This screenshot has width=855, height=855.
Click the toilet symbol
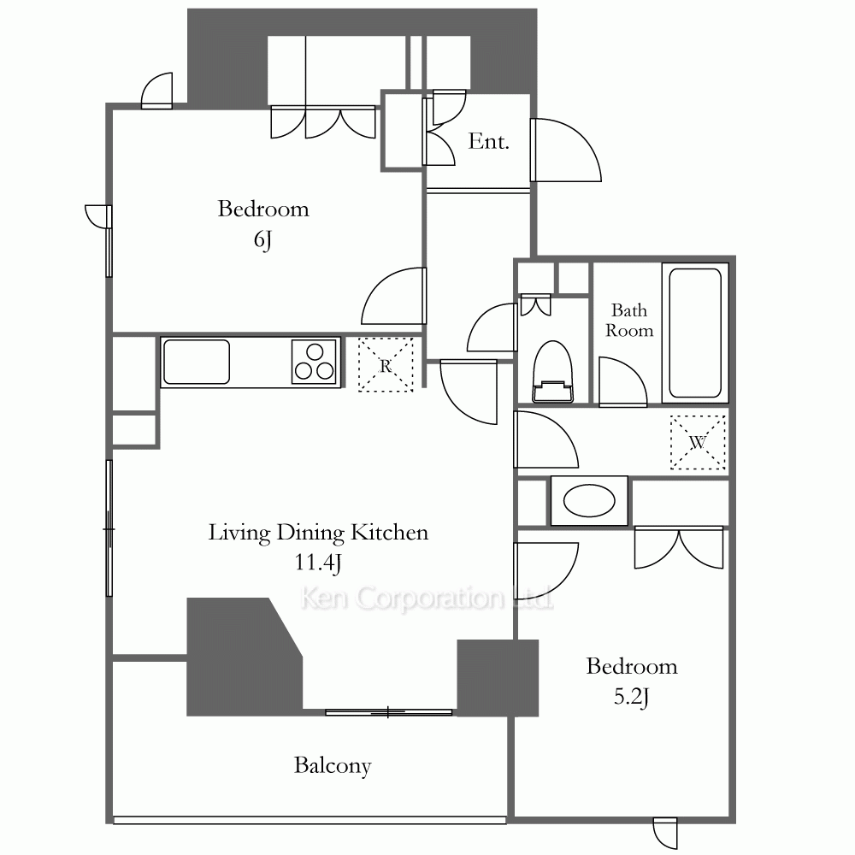tap(552, 372)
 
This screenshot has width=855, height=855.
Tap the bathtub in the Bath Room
tap(695, 333)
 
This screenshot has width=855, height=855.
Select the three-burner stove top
tap(314, 362)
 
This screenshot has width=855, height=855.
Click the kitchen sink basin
tap(197, 362)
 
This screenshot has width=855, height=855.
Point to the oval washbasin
tap(589, 500)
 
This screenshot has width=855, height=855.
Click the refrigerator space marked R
tap(386, 365)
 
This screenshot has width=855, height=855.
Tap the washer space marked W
tap(698, 442)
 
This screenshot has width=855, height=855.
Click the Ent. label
tap(488, 142)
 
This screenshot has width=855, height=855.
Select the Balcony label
tap(333, 765)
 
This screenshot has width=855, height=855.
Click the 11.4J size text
tap(318, 563)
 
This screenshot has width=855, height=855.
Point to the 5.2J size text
tap(632, 698)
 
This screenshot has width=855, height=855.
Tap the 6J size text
tap(262, 239)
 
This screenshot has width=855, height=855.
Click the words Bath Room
tap(629, 320)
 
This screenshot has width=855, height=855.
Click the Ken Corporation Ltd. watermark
tap(427, 598)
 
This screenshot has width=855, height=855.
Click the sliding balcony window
tap(389, 712)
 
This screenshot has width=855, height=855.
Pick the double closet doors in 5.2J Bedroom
tap(679, 548)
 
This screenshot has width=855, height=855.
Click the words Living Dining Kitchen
tap(318, 533)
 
